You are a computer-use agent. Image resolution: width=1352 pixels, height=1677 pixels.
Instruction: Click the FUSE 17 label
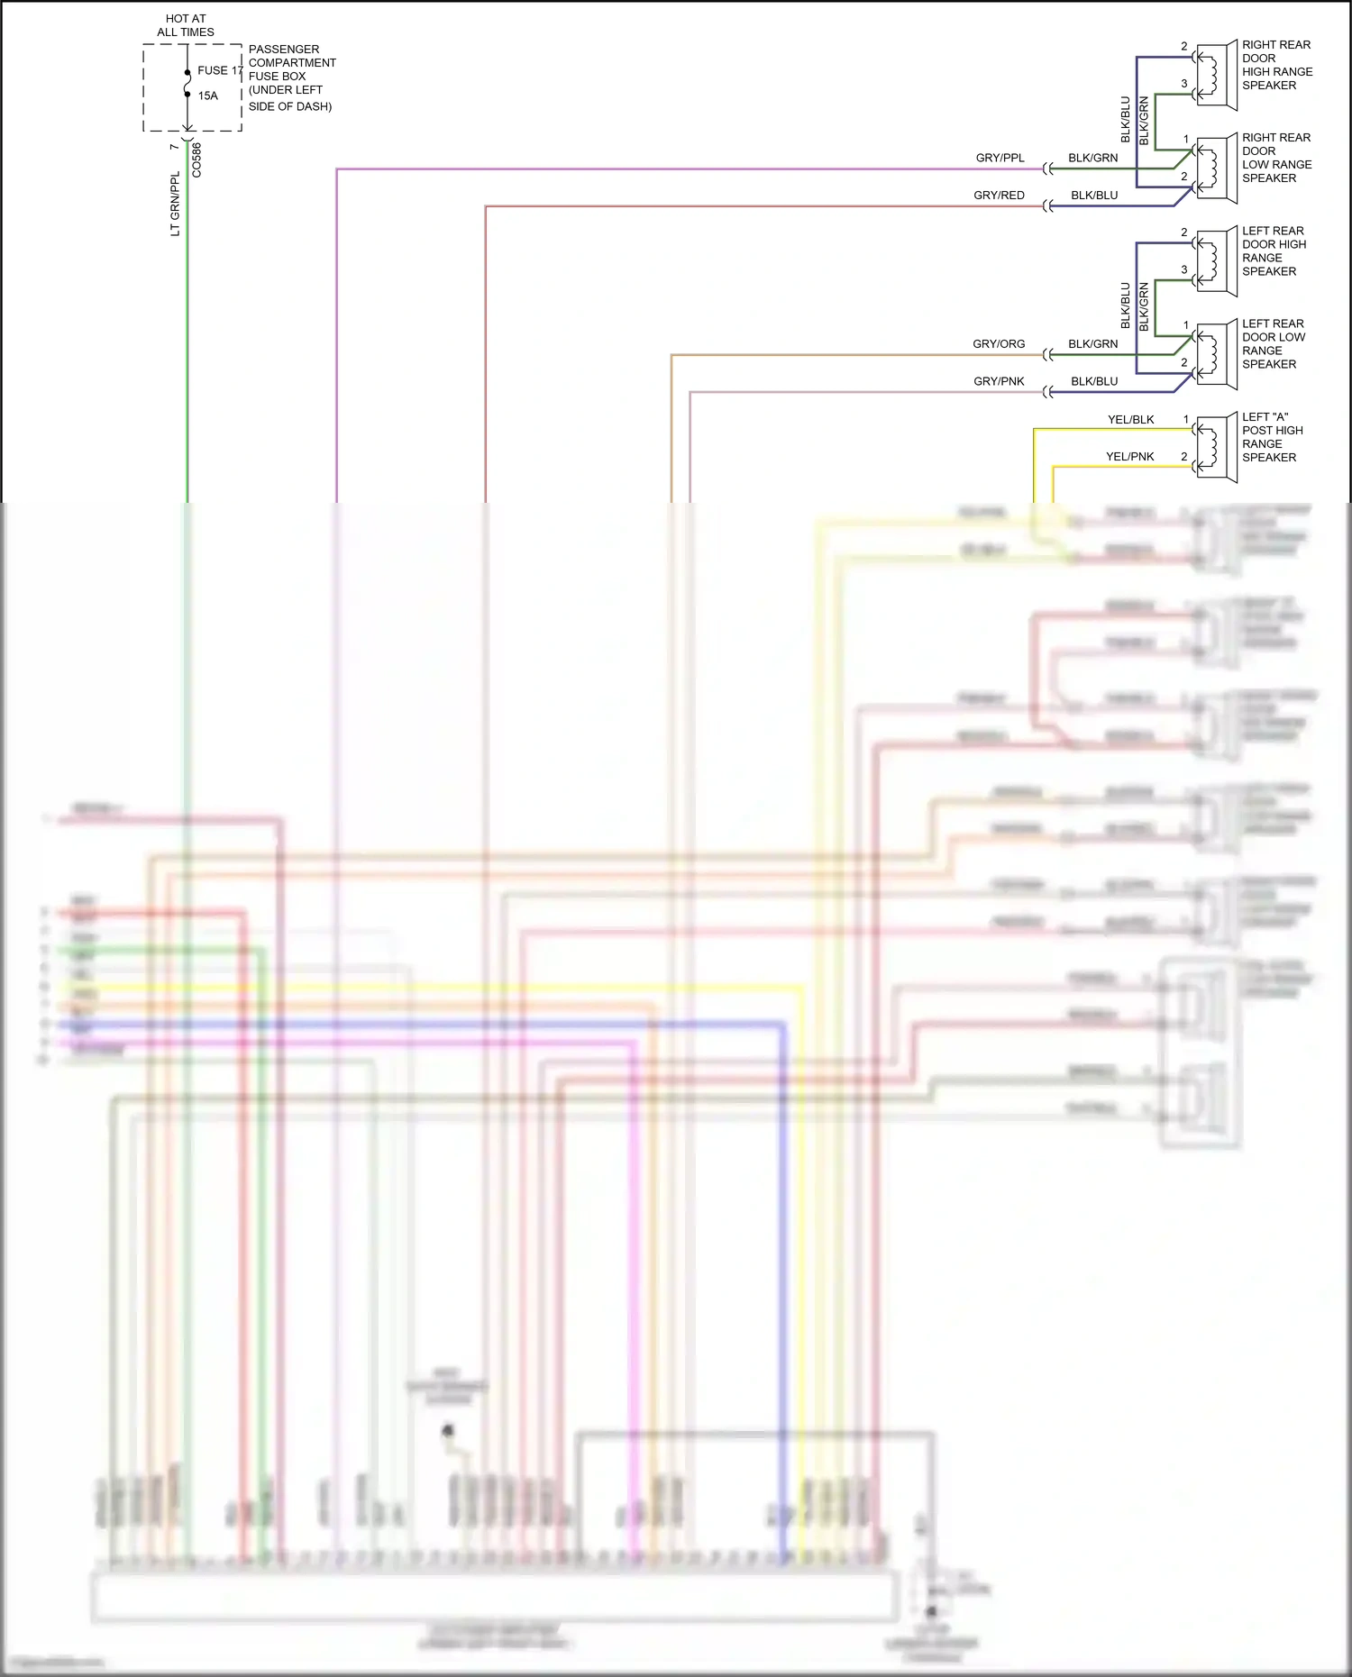tap(220, 70)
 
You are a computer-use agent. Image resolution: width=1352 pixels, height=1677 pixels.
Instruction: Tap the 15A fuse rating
tap(208, 96)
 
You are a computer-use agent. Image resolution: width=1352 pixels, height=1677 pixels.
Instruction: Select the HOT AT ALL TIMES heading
tap(186, 25)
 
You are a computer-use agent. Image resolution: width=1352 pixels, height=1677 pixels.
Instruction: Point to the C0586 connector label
tap(196, 160)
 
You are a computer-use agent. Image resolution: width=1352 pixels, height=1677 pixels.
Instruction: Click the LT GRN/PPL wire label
tap(175, 205)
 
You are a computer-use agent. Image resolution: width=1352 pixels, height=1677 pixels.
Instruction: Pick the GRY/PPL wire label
tap(1000, 158)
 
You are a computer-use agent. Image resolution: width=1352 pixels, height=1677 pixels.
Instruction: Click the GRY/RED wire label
tap(999, 196)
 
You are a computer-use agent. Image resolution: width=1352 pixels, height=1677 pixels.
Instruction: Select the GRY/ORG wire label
tap(999, 344)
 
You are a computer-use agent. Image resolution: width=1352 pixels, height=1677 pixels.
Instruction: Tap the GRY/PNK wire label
tap(999, 381)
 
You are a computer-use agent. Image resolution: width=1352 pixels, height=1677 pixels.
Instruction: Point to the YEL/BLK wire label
tap(1130, 420)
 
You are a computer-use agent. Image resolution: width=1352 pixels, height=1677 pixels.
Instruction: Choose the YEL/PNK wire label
tap(1129, 457)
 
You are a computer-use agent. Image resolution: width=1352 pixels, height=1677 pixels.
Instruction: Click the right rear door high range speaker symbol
tap(1216, 74)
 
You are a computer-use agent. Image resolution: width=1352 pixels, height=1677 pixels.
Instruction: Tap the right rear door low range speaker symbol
tap(1216, 168)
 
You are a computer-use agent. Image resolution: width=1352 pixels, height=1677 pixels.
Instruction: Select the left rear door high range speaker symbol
tap(1216, 260)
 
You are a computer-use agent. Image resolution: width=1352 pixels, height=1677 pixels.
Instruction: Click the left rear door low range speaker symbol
tap(1216, 354)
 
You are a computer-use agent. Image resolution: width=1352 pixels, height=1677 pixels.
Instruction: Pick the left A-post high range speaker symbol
tap(1216, 447)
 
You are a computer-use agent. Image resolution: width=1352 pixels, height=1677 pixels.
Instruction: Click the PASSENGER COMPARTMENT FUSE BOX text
tap(291, 77)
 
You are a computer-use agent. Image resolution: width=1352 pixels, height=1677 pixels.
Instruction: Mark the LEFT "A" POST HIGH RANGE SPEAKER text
tap(1272, 437)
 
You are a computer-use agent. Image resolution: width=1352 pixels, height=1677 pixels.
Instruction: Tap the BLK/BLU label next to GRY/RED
tap(1094, 196)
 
